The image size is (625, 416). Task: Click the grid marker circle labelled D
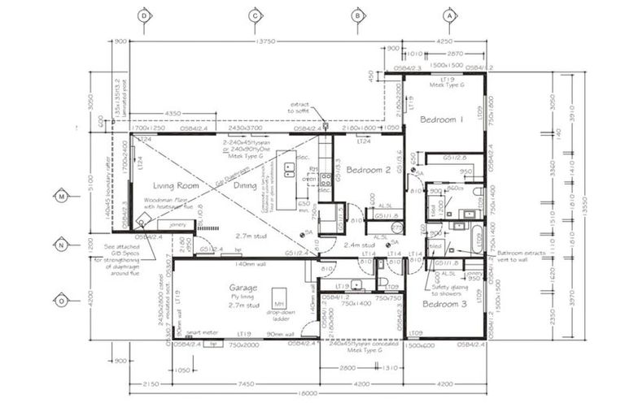tap(145, 15)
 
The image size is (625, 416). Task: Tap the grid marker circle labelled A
tap(448, 15)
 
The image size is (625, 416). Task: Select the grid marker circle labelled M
tap(61, 195)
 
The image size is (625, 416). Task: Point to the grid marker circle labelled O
tap(61, 300)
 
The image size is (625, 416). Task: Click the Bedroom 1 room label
tap(441, 119)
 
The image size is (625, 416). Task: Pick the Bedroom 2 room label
tap(369, 171)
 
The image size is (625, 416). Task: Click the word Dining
tap(247, 185)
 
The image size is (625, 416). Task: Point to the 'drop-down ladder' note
tap(281, 315)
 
